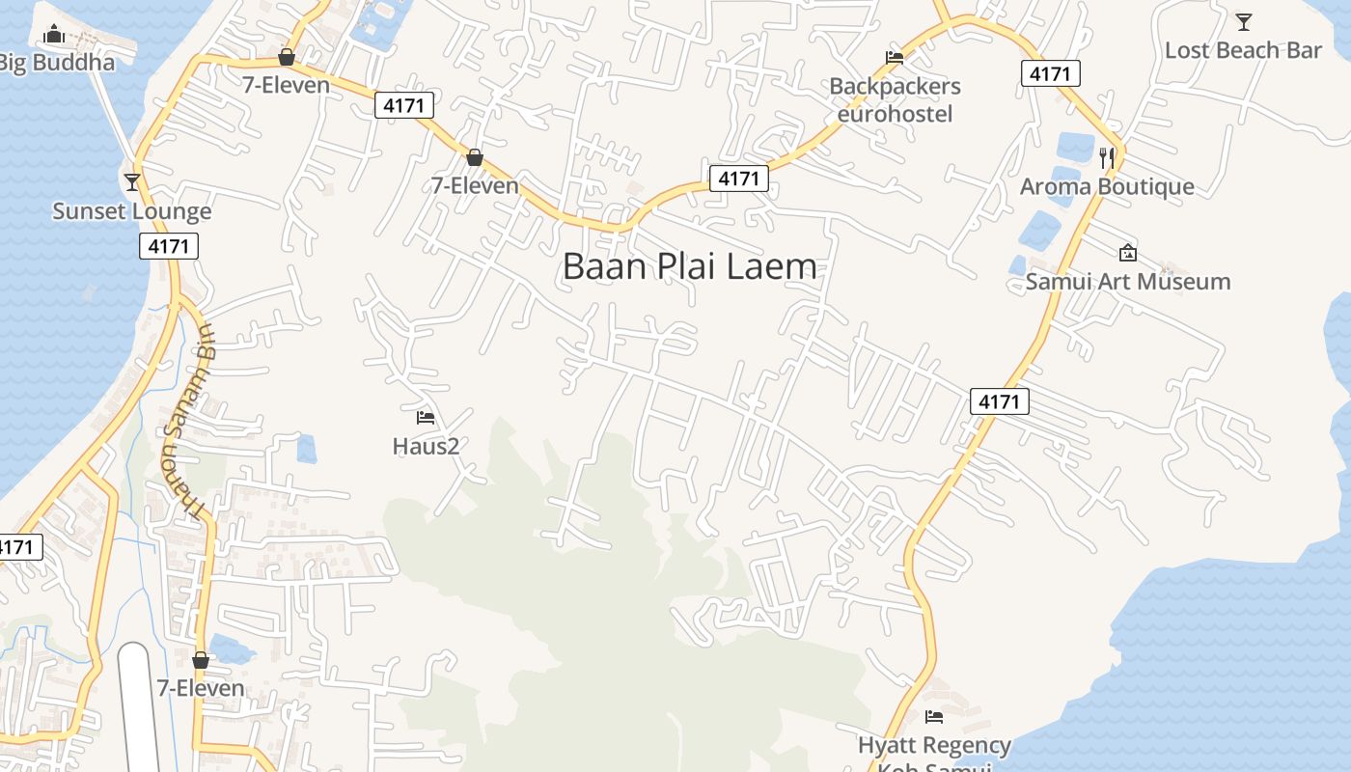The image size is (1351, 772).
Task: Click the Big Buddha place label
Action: (x=56, y=63)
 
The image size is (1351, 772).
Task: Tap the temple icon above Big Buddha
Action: (x=54, y=35)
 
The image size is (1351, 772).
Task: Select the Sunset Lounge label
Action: (x=131, y=211)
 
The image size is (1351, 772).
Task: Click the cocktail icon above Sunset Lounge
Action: (x=132, y=181)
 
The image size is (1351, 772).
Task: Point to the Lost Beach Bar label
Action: (x=1243, y=50)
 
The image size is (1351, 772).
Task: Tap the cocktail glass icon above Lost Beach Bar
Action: (x=1244, y=21)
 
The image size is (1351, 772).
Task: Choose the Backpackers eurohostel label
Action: (x=895, y=99)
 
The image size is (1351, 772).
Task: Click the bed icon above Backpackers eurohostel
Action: (x=895, y=57)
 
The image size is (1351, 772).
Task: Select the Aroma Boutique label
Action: (x=1107, y=186)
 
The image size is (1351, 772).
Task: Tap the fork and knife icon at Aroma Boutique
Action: (x=1107, y=157)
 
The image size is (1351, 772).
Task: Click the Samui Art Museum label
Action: (x=1127, y=282)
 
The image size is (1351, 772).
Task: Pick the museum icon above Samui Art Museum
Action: (x=1127, y=253)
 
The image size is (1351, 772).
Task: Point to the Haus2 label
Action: (x=426, y=446)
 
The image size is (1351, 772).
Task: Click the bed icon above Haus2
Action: (x=426, y=418)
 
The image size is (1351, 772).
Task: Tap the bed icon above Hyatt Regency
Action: (x=933, y=717)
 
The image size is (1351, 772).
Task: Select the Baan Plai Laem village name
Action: (x=689, y=266)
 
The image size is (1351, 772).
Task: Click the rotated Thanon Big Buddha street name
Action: (x=189, y=422)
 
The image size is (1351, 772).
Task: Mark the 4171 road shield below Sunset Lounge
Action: (x=169, y=246)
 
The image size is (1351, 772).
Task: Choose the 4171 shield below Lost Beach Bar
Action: (x=1050, y=73)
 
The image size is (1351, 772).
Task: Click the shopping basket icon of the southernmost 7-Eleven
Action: (x=201, y=660)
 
